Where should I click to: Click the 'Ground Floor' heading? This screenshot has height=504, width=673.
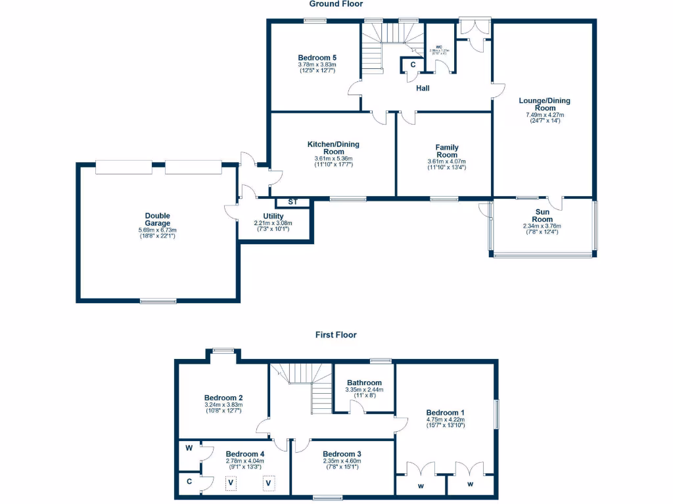click(x=336, y=4)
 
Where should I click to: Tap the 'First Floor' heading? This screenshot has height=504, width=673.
click(x=336, y=335)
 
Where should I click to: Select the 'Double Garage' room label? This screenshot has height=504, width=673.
click(x=158, y=219)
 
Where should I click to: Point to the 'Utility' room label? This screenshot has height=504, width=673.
click(x=273, y=216)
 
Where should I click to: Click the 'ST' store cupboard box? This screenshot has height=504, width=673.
click(x=292, y=202)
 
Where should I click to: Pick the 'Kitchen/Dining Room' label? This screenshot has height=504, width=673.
click(x=333, y=148)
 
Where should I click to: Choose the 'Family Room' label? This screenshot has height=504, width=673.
click(x=447, y=152)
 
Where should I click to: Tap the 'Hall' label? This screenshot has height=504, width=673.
click(x=423, y=88)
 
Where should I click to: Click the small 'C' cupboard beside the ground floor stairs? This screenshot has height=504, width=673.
click(x=413, y=64)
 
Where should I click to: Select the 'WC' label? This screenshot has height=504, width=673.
click(x=438, y=47)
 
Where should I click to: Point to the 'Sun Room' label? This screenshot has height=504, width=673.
click(x=542, y=215)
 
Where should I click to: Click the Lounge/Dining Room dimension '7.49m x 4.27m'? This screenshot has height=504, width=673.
click(x=544, y=115)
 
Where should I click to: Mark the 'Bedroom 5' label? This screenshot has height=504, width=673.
click(x=317, y=58)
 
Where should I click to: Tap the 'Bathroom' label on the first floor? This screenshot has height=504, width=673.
click(x=364, y=383)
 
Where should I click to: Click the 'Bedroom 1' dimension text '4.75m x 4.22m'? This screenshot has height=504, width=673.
click(x=445, y=419)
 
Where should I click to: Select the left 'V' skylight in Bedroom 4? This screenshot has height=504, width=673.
click(x=231, y=484)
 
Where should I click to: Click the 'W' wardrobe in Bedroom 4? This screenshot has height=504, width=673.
click(x=189, y=449)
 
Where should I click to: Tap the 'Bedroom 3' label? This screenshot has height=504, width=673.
click(x=342, y=453)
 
